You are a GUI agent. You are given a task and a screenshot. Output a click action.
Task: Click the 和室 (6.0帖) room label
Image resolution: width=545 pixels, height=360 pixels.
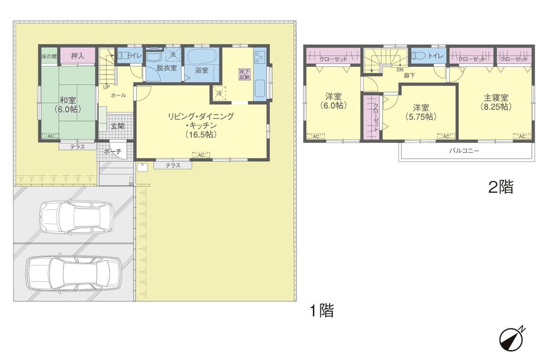click(x=68, y=104)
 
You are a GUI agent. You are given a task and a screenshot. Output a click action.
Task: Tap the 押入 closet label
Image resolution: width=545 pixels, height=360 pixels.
click(x=77, y=55)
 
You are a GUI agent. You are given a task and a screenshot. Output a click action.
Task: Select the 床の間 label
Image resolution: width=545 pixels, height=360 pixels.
click(x=49, y=56)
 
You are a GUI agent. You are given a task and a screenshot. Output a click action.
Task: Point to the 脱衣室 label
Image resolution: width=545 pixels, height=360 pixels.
click(x=166, y=68)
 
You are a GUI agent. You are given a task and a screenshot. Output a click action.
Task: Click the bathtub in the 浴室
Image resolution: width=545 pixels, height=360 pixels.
click(x=202, y=56)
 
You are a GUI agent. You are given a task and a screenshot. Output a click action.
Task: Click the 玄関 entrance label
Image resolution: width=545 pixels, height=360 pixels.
click(x=117, y=126)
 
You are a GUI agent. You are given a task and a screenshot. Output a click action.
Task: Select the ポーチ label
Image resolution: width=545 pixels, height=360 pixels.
click(x=112, y=151)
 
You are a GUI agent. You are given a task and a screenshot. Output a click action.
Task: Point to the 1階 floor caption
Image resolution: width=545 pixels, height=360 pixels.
click(x=321, y=312)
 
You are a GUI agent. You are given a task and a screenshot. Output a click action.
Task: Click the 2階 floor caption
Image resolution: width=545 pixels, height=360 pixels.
click(x=500, y=188)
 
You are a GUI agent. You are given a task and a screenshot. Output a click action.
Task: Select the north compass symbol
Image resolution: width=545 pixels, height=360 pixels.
click(x=511, y=339)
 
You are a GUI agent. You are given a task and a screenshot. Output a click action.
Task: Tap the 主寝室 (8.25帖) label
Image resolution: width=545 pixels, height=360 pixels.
click(x=496, y=102)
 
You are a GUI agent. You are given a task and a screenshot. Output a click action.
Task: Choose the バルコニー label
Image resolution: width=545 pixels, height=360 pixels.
click(x=464, y=150)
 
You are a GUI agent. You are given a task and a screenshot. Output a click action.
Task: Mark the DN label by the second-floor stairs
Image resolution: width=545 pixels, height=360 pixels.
click(x=399, y=70)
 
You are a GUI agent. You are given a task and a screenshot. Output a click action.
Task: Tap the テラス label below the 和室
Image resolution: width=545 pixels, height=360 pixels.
click(x=77, y=147)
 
